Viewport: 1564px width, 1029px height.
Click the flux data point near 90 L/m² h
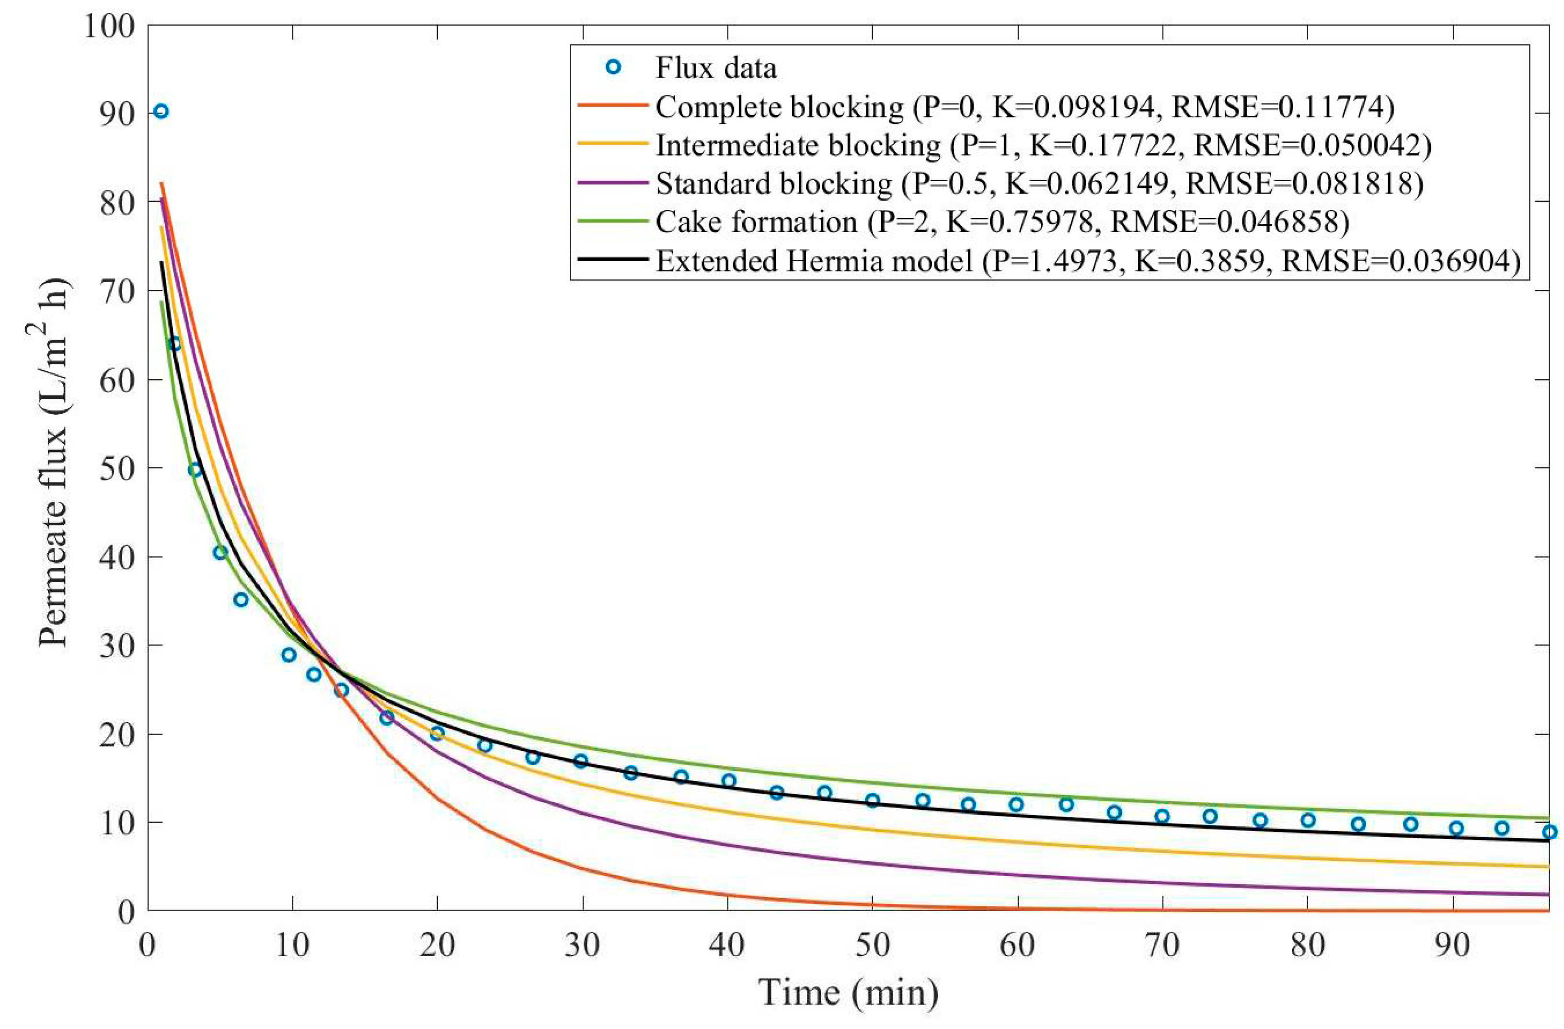tap(161, 111)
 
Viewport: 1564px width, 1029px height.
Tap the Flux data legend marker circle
tap(613, 67)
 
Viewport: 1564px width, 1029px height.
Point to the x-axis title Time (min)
tap(848, 992)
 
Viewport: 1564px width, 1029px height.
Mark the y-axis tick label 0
tap(127, 912)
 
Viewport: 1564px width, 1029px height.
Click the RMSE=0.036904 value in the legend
tap(1400, 261)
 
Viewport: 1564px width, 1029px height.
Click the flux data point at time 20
tap(437, 733)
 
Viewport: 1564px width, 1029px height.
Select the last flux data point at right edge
tap(1549, 832)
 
